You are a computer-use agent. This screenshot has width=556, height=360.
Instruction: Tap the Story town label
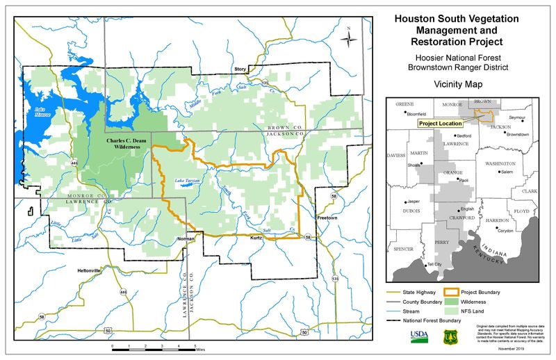(240, 69)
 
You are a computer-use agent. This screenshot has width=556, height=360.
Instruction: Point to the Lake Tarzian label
(186, 180)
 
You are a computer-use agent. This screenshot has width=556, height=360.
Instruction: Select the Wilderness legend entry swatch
(462, 302)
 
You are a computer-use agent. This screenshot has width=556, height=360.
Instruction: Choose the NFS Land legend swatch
(462, 313)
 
